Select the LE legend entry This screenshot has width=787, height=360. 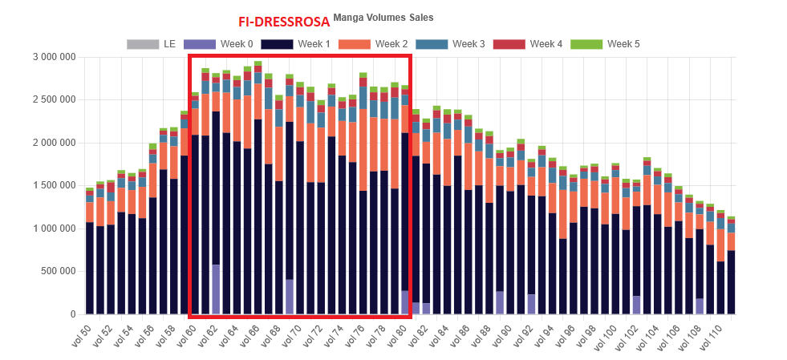tap(152, 44)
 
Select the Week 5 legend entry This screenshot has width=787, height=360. tap(605, 44)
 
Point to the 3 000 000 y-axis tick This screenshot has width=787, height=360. tap(53, 58)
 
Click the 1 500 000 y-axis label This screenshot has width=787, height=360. tap(53, 185)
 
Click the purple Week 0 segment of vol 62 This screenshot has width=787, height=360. tap(216, 289)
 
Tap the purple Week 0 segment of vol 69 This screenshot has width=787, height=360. tap(290, 297)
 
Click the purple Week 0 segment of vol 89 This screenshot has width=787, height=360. tap(500, 302)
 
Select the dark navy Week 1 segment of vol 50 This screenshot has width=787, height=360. tap(90, 269)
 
